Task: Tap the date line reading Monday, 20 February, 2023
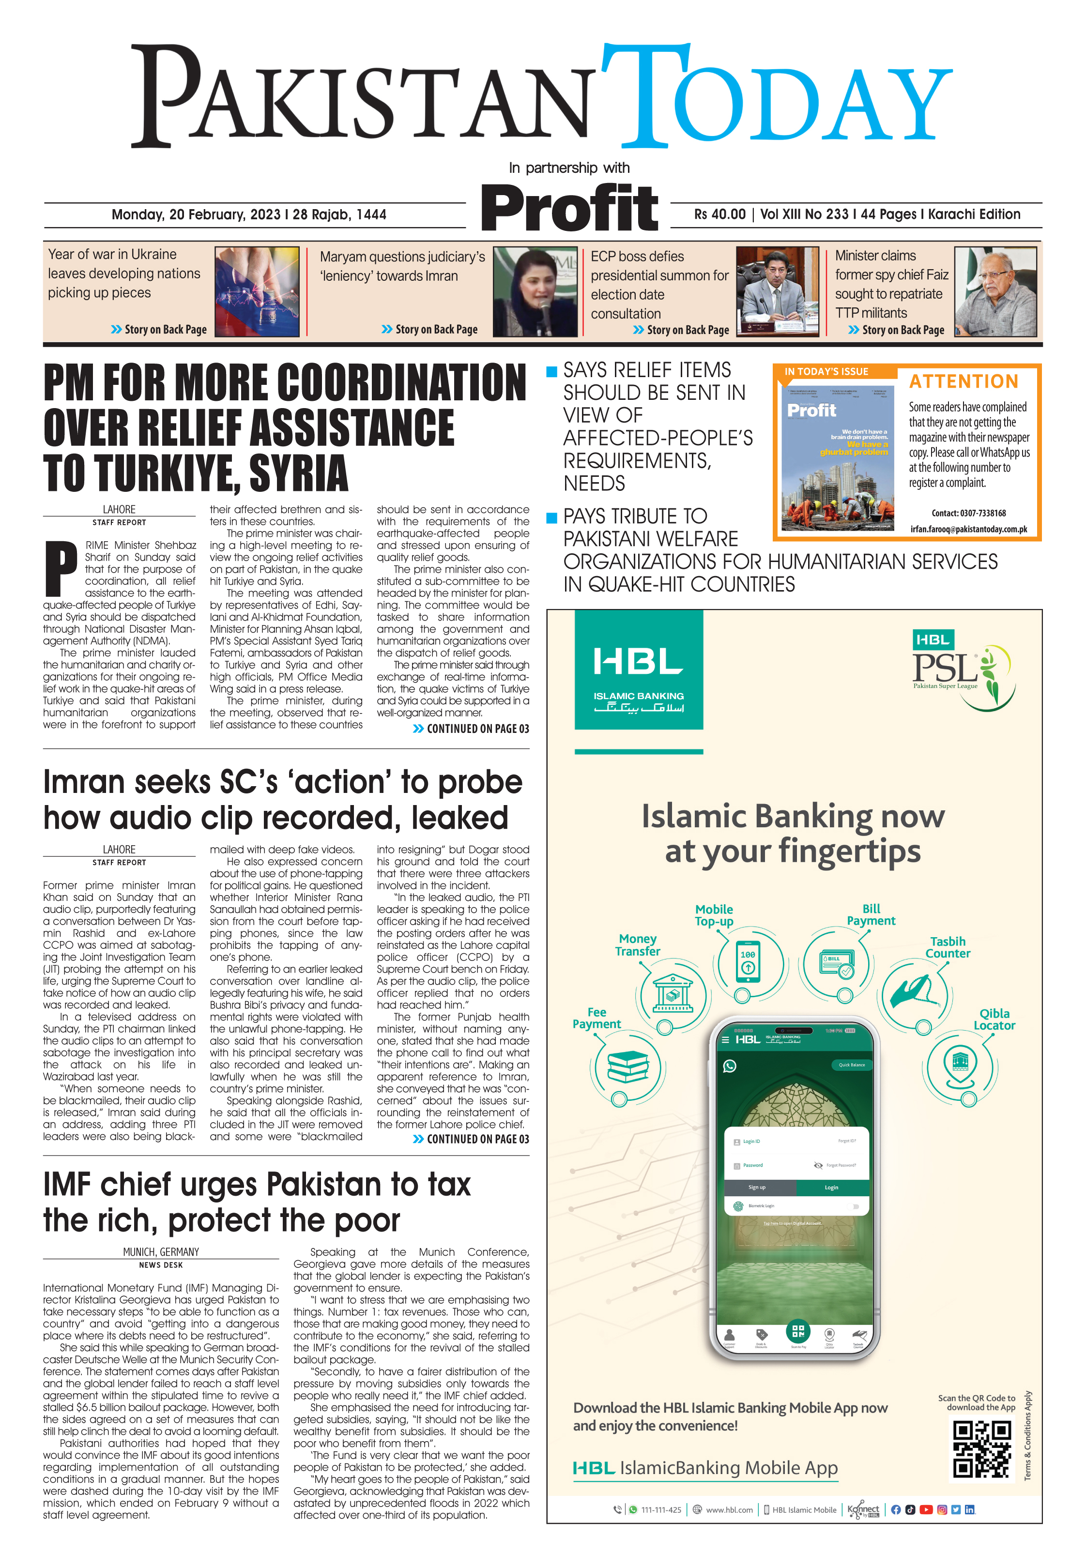[x=248, y=215]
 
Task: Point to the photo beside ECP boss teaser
[x=777, y=292]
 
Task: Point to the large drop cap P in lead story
[x=61, y=568]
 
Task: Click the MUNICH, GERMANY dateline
[x=161, y=1252]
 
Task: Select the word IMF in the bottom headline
[x=67, y=1185]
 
